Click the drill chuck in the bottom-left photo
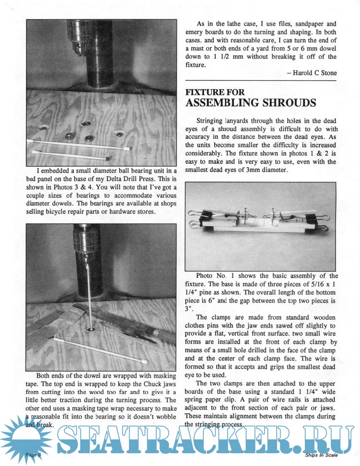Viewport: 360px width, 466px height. [88, 241]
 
